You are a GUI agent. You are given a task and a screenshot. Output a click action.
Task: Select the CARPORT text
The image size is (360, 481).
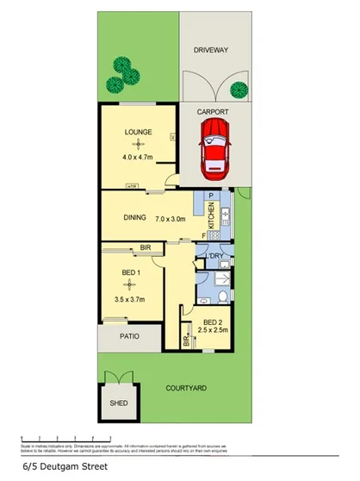(x=212, y=112)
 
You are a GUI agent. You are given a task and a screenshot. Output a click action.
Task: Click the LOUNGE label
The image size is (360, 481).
(x=138, y=132)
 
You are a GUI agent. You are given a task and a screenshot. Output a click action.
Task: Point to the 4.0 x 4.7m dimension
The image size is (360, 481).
(x=138, y=158)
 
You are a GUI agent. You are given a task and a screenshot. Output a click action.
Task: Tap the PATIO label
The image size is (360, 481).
(x=129, y=337)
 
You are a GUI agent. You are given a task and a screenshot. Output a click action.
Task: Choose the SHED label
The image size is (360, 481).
(x=118, y=403)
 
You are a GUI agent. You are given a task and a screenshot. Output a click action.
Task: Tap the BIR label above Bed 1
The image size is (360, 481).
(x=145, y=248)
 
